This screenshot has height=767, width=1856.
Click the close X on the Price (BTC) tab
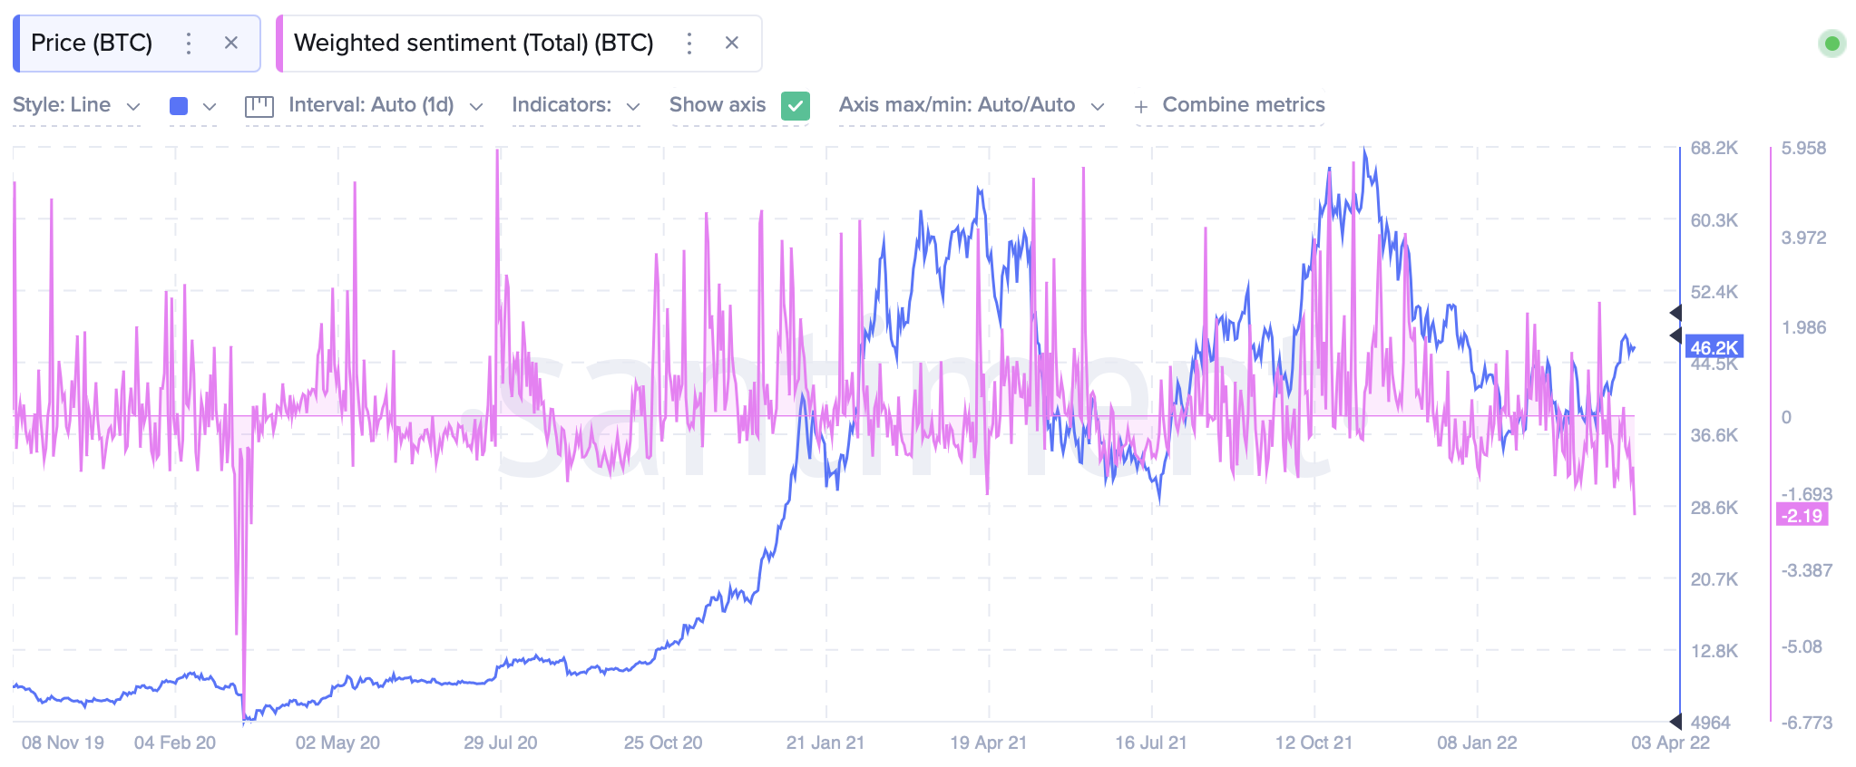tap(231, 43)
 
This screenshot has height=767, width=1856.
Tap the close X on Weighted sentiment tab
tap(732, 43)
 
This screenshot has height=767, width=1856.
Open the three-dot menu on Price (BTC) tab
tap(189, 43)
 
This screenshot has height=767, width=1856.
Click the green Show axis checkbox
tap(796, 106)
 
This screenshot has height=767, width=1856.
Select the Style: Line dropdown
tap(76, 105)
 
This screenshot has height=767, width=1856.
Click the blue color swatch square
tap(179, 106)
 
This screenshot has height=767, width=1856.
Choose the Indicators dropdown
tap(575, 105)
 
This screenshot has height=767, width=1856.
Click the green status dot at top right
tap(1832, 43)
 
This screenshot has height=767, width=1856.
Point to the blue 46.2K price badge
tap(1714, 347)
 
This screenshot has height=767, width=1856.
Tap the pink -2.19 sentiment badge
tap(1802, 516)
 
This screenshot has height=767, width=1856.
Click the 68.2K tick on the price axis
tap(1714, 148)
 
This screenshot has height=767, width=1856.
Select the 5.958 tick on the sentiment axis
tap(1803, 148)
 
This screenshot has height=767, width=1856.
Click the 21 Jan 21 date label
tap(825, 743)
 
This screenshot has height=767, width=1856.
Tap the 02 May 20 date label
tap(337, 743)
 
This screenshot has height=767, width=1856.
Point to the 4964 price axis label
tap(1710, 723)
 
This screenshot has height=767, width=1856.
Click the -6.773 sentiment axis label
tap(1806, 723)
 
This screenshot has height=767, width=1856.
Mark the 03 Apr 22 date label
tap(1670, 743)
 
